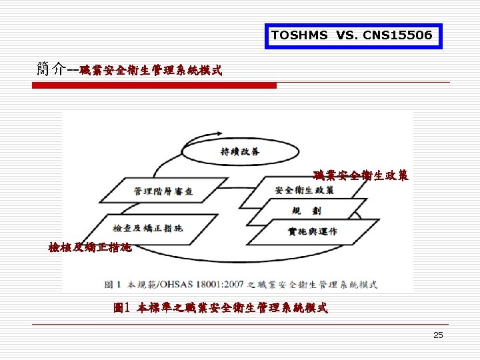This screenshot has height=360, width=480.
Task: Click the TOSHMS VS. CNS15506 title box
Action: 353,35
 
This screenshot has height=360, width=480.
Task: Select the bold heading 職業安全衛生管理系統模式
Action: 151,69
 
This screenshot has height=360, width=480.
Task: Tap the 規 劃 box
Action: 311,211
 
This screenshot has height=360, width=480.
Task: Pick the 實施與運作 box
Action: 313,231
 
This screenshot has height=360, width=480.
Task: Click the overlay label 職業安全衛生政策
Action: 361,176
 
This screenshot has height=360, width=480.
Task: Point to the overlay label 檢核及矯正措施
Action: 90,247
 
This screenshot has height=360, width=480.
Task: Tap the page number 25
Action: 438,335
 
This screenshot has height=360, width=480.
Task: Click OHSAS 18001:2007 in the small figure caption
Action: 203,284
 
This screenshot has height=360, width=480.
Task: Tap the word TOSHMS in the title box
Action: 299,35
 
